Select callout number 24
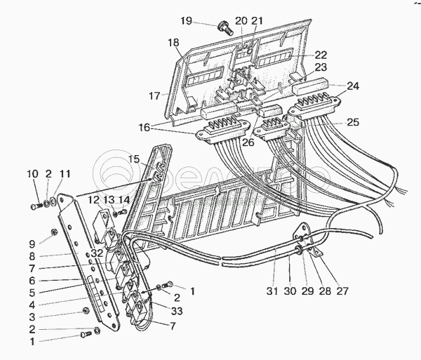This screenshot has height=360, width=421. click(x=352, y=86)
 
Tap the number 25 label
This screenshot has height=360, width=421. click(x=352, y=122)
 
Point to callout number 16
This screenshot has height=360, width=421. click(x=144, y=128)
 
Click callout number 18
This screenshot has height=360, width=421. click(x=173, y=43)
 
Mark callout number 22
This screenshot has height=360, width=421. click(x=320, y=55)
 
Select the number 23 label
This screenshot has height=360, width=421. click(x=321, y=67)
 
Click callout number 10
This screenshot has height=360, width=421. click(x=33, y=174)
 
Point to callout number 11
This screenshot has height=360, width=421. click(x=65, y=174)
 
